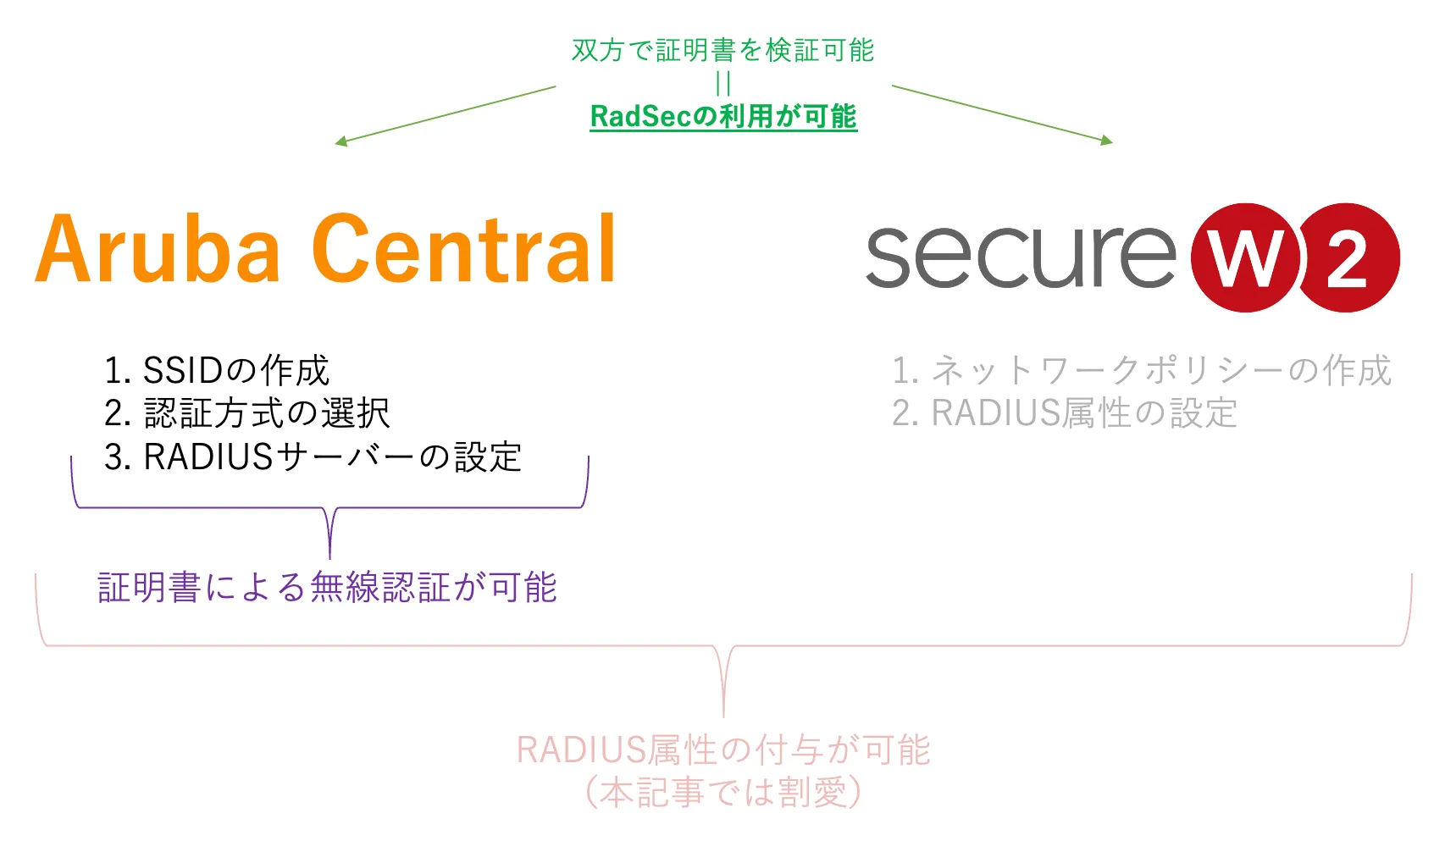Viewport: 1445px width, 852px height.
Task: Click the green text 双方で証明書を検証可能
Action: tap(722, 51)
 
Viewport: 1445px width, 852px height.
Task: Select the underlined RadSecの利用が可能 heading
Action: tap(723, 116)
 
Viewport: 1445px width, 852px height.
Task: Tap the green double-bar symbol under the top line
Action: tap(722, 83)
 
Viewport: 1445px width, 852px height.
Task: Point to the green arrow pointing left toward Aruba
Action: tap(445, 114)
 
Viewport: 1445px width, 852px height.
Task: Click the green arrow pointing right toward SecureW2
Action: tap(1002, 114)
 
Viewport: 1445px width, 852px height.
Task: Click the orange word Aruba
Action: tap(158, 250)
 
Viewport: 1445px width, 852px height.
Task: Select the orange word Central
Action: tap(464, 250)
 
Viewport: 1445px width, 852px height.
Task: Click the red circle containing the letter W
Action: tap(1244, 257)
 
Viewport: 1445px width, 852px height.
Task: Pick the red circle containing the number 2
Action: tap(1348, 257)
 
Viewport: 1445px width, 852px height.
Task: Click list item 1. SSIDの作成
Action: tap(216, 370)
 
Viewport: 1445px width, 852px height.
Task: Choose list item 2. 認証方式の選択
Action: tap(246, 413)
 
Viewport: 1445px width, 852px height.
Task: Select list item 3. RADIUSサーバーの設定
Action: tap(313, 457)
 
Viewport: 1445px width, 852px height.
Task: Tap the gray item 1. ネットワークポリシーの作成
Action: tap(1141, 370)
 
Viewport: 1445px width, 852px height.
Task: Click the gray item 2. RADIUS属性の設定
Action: tap(1064, 413)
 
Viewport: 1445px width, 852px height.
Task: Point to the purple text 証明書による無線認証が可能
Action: tap(327, 588)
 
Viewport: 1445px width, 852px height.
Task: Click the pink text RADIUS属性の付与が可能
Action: tap(723, 750)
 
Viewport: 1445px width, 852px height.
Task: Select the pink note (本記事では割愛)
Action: tap(723, 793)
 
